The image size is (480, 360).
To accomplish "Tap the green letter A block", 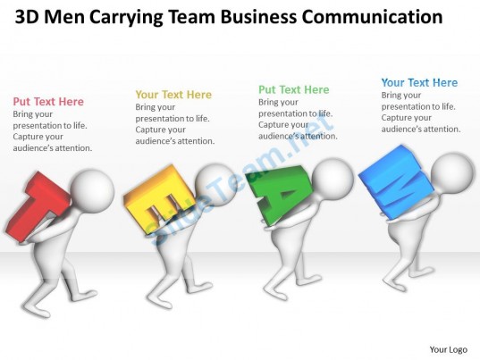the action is tap(280, 193).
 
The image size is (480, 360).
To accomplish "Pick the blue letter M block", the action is tap(398, 182).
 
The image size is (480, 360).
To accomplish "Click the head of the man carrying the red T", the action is tap(93, 190).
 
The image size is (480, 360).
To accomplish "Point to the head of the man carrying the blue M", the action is tap(452, 174).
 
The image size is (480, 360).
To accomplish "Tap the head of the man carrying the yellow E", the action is tap(215, 185).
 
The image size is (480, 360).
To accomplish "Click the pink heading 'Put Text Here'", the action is tap(48, 102).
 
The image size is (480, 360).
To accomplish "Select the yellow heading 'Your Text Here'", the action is tap(173, 95).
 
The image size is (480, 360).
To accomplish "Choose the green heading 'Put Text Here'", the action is tap(294, 89).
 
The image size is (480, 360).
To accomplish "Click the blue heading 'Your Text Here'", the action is tap(419, 82).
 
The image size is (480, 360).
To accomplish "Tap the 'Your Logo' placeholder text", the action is tap(449, 349).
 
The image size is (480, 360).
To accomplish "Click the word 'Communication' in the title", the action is tap(372, 17).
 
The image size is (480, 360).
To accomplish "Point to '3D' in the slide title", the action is tap(27, 17).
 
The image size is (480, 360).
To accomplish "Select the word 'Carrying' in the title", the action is tap(126, 18).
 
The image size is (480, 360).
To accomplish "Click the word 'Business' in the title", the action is tap(258, 17).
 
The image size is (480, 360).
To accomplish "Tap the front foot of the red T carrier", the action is tap(33, 306).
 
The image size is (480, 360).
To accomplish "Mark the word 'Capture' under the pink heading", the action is tap(29, 137).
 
